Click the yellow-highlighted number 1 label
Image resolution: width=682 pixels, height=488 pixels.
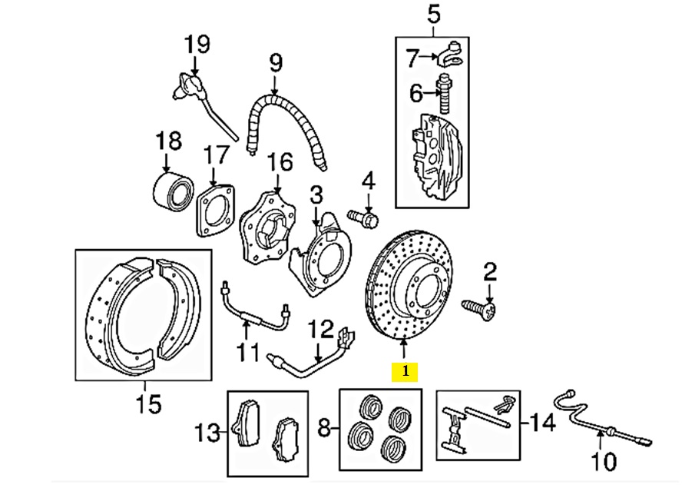(404, 373)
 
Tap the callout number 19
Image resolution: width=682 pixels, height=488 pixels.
(197, 45)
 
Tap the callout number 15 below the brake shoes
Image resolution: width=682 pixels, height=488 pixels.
(149, 403)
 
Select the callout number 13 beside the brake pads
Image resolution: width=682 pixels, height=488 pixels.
(207, 433)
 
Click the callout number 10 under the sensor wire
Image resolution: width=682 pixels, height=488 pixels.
(603, 462)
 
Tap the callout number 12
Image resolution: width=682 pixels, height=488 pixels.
(323, 331)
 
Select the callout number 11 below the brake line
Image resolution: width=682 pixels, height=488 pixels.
(247, 354)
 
